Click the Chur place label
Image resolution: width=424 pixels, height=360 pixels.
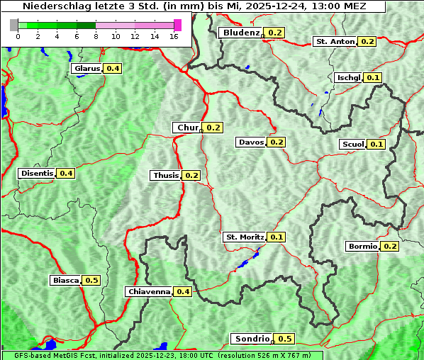[187, 128]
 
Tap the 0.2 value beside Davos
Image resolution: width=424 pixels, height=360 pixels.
[277, 142]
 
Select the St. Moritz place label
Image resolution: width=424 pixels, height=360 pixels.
[245, 237]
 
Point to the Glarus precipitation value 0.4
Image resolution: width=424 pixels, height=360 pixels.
[113, 69]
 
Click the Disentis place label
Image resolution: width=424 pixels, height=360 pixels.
[37, 173]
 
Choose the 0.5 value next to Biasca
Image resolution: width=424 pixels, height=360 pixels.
[91, 281]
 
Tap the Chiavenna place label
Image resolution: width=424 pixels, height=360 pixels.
[149, 291]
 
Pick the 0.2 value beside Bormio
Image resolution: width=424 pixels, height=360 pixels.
[391, 247]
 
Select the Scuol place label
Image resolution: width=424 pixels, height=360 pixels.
[353, 145]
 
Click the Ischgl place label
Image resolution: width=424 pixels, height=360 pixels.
[349, 77]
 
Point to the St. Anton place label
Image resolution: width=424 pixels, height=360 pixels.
[335, 42]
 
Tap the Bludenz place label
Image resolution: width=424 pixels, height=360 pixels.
[240, 33]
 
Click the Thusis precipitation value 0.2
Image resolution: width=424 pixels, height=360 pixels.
[191, 175]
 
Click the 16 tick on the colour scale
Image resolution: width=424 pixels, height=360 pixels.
[174, 37]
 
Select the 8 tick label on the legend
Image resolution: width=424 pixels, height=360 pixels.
[96, 37]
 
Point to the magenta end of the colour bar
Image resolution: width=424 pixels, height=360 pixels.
[177, 25]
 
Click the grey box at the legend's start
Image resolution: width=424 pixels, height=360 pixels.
[14, 25]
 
